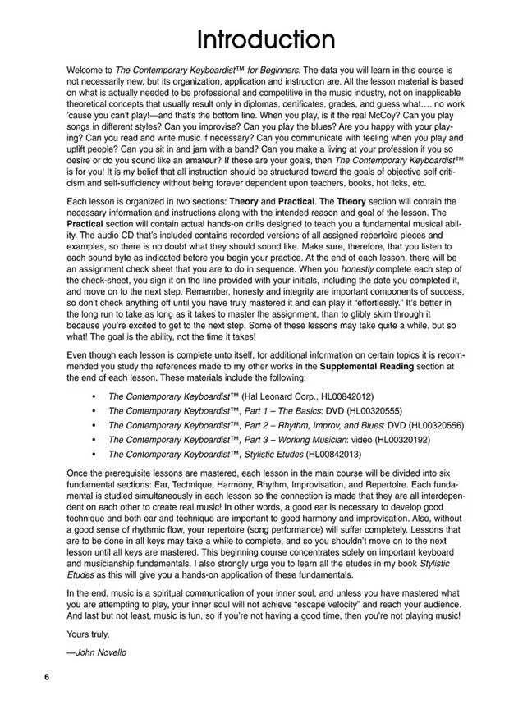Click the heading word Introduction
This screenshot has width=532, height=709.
click(x=264, y=39)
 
